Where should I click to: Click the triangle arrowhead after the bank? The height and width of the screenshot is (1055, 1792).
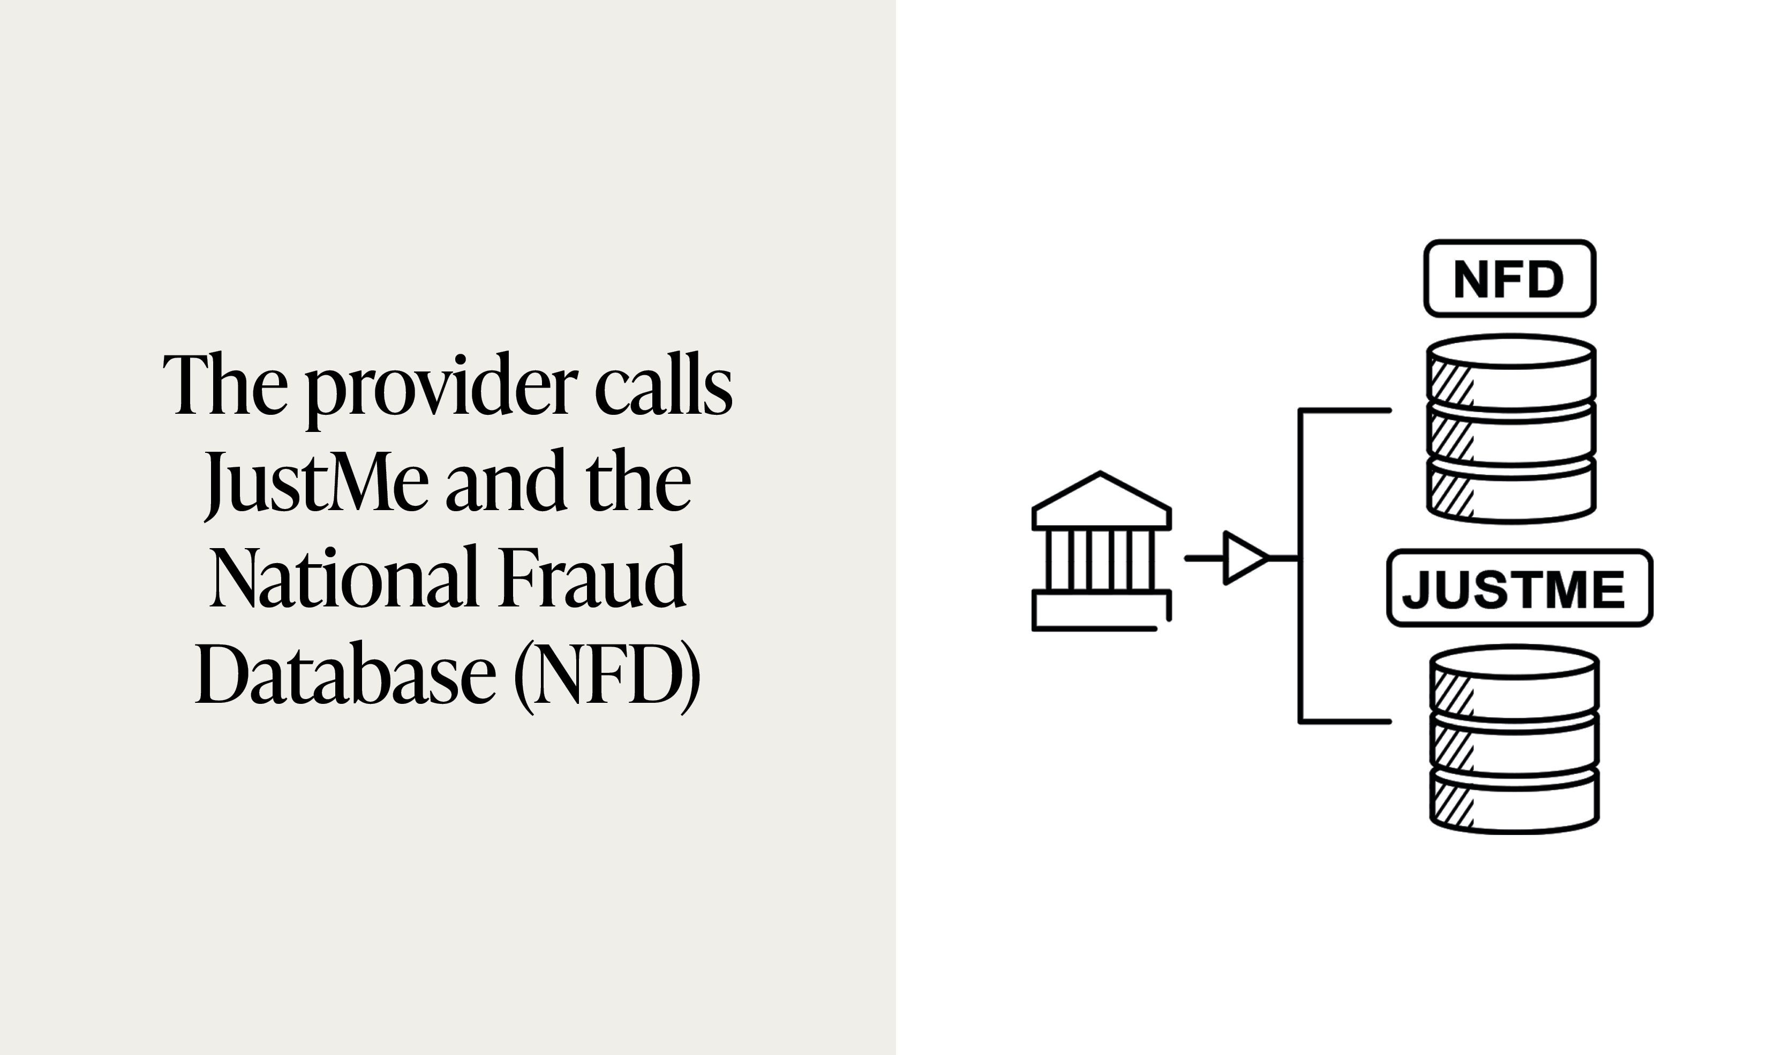point(1243,558)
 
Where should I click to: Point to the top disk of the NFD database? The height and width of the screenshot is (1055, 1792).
point(1512,373)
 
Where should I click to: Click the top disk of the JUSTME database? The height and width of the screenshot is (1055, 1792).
point(1515,682)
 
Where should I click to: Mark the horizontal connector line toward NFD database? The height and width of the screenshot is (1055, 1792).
point(1344,410)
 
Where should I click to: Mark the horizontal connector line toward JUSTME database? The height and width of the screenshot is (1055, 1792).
point(1344,722)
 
